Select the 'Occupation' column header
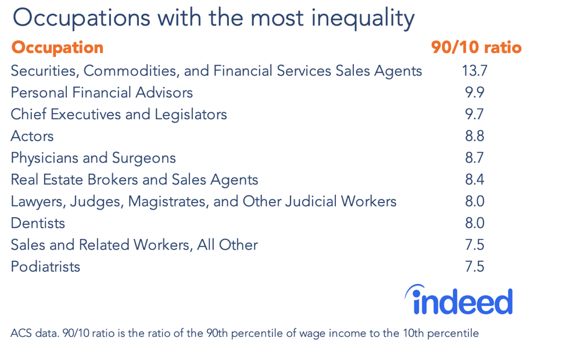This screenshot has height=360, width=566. pyautogui.click(x=57, y=48)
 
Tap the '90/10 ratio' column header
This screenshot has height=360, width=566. pyautogui.click(x=476, y=48)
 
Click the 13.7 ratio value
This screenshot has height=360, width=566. pyautogui.click(x=474, y=71)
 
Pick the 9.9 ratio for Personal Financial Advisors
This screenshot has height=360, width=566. pyautogui.click(x=474, y=93)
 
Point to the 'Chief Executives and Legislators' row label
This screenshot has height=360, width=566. pyautogui.click(x=119, y=114)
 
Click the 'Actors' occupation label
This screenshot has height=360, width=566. pyautogui.click(x=32, y=136)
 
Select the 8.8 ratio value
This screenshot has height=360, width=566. pyautogui.click(x=474, y=136)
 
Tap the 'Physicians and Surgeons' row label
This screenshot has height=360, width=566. pyautogui.click(x=93, y=158)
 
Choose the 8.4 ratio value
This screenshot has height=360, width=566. pyautogui.click(x=474, y=180)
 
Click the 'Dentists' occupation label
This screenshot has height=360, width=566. pyautogui.click(x=38, y=224)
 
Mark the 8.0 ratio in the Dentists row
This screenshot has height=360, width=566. pyautogui.click(x=474, y=224)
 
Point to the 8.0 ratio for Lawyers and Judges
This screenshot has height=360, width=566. pyautogui.click(x=474, y=201)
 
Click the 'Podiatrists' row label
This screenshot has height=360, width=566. pyautogui.click(x=45, y=267)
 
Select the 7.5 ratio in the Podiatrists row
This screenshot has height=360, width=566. pyautogui.click(x=474, y=267)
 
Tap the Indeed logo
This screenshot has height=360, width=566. pyautogui.click(x=458, y=300)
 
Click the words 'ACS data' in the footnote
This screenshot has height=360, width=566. pyautogui.click(x=30, y=333)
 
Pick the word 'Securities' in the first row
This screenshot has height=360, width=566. pyautogui.click(x=44, y=71)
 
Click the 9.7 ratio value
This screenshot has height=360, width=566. pyautogui.click(x=474, y=114)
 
